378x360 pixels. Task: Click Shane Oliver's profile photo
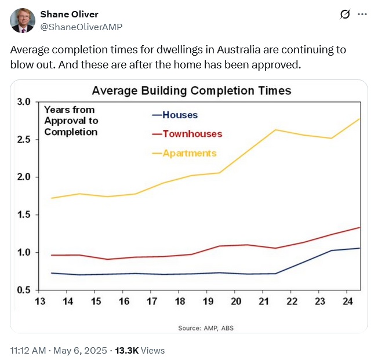pos(23,20)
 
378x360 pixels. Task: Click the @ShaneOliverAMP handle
pos(81,27)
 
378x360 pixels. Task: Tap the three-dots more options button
pos(362,14)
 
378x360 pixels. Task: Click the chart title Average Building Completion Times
pos(191,91)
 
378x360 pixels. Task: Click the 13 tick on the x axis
pos(40,301)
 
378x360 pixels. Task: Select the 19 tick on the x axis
pos(208,301)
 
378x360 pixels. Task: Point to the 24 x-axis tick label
pos(347,301)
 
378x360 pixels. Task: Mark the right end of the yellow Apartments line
pos(359,119)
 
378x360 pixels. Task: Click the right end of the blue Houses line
pos(359,248)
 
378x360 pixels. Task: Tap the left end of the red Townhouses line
pos(52,255)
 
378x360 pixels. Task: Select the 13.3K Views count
pos(140,350)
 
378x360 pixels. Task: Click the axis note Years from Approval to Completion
pos(71,121)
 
